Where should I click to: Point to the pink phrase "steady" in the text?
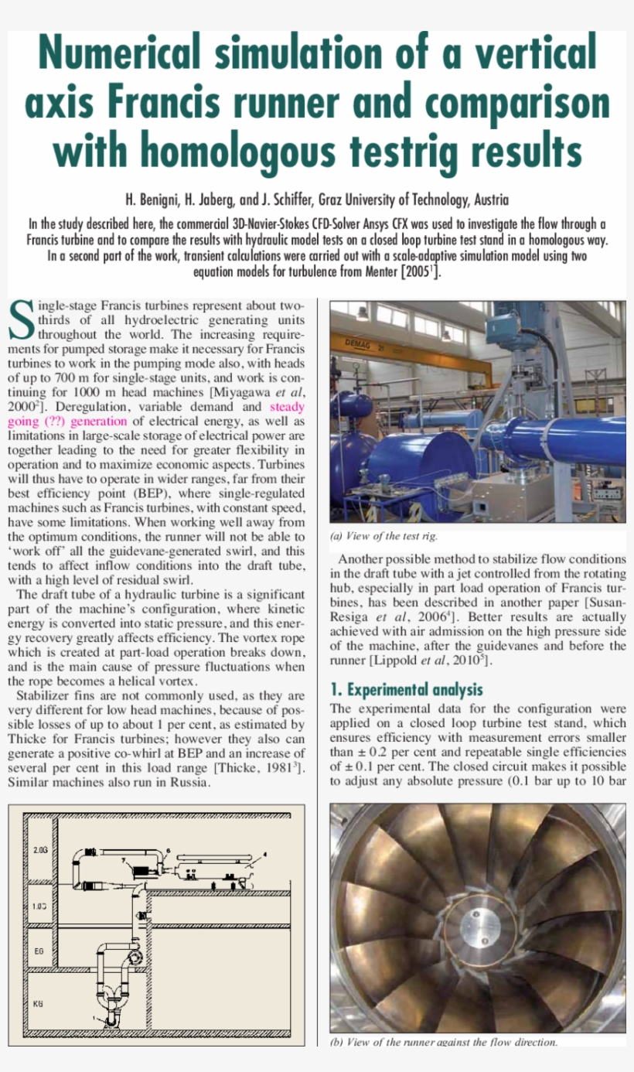click(287, 407)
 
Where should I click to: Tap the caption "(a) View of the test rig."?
click(384, 536)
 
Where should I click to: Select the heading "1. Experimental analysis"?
click(406, 689)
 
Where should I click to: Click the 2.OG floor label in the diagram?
click(41, 850)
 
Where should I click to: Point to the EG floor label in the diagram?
click(38, 950)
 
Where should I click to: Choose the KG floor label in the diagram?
click(38, 1003)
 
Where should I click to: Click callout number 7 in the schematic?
click(123, 859)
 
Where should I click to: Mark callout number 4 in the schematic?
click(264, 854)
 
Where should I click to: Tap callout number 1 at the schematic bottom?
click(96, 1019)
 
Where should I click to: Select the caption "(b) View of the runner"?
click(444, 1042)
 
